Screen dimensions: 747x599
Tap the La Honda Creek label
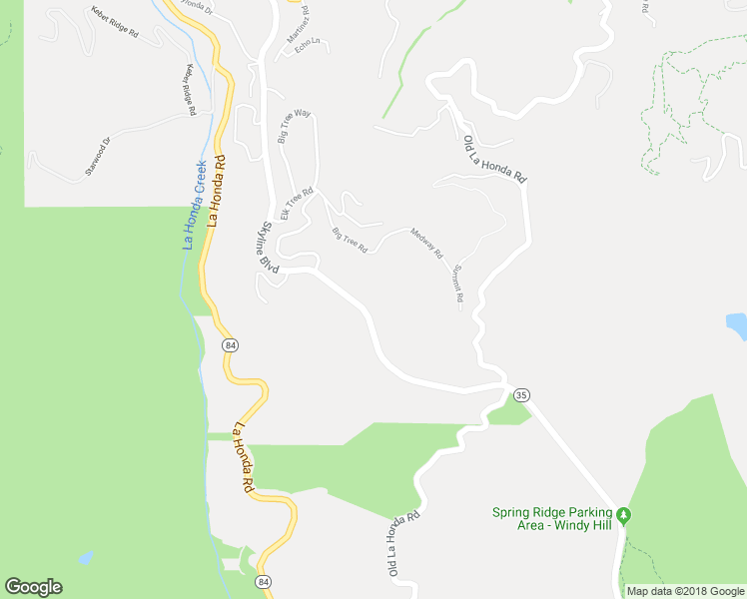pyautogui.click(x=194, y=205)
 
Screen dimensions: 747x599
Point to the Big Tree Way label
pyautogui.click(x=294, y=126)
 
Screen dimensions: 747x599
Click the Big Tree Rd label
pyautogui.click(x=350, y=241)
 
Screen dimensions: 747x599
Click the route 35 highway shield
pyautogui.click(x=522, y=395)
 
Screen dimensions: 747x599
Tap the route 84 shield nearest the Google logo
pyautogui.click(x=263, y=581)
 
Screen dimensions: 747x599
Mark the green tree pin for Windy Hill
pyautogui.click(x=625, y=515)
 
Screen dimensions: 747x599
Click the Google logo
pyautogui.click(x=33, y=587)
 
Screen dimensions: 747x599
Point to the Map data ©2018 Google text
pyautogui.click(x=685, y=591)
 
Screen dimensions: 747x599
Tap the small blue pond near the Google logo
pyautogui.click(x=86, y=558)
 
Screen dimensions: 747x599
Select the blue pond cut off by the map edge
pyautogui.click(x=737, y=326)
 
